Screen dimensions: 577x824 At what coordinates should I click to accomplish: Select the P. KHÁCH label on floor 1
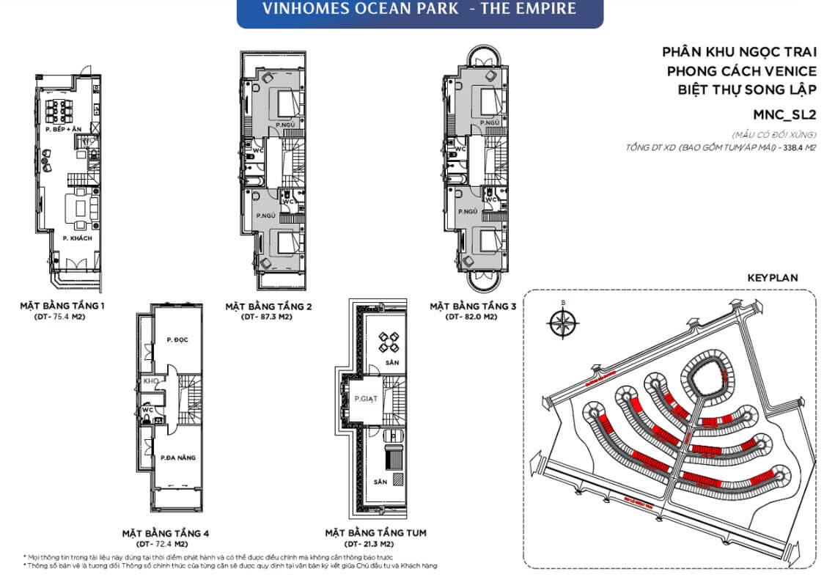coord(76,239)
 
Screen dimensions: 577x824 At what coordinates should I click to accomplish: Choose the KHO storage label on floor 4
coord(151,382)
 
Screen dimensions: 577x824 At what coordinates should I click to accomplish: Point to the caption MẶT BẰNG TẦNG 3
coord(473,306)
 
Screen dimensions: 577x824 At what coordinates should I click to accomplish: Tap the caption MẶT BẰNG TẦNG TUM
coord(375,533)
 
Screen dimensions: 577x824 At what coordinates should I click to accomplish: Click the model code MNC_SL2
coord(784,114)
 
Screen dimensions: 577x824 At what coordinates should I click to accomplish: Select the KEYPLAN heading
coord(772,279)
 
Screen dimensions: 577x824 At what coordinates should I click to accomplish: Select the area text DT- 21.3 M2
coord(375,544)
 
